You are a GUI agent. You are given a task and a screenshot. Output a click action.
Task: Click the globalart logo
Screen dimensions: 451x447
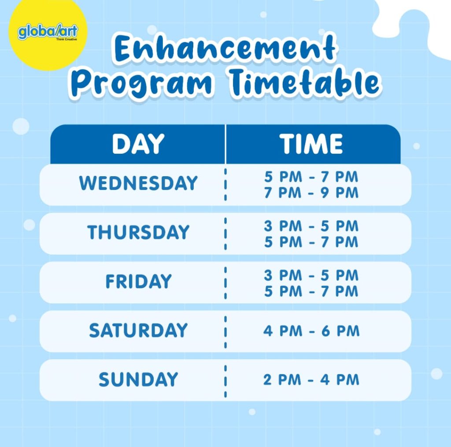click(48, 32)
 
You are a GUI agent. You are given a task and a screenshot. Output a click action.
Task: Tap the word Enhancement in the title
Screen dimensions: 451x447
click(225, 49)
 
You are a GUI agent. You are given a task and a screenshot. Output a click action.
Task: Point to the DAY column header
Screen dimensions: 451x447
click(138, 144)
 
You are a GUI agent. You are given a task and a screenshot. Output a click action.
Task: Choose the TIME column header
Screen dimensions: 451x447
click(311, 144)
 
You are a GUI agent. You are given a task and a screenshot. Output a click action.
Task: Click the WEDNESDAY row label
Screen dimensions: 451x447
click(138, 183)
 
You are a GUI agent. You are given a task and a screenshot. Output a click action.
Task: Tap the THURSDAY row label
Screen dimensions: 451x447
click(138, 232)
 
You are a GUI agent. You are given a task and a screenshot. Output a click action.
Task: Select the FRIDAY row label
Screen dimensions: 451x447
click(138, 281)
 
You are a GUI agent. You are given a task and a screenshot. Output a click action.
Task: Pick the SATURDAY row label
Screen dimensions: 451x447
click(138, 330)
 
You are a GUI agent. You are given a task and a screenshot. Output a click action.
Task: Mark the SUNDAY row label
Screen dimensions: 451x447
click(138, 379)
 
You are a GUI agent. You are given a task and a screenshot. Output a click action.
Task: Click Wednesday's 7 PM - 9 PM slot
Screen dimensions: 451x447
click(311, 193)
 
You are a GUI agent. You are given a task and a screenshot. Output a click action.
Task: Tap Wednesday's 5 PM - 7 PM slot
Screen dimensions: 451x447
click(311, 177)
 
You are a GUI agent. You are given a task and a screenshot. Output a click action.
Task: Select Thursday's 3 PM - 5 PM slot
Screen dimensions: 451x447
click(311, 226)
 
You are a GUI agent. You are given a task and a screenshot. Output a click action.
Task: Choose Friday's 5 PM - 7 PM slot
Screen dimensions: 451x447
click(311, 291)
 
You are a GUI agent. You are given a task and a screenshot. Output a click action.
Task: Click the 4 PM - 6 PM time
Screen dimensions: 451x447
click(311, 331)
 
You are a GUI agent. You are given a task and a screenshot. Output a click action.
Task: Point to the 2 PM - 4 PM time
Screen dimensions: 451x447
click(311, 380)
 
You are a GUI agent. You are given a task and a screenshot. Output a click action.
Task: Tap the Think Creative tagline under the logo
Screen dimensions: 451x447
click(67, 39)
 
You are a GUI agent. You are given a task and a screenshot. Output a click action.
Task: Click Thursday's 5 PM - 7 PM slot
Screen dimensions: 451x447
click(311, 242)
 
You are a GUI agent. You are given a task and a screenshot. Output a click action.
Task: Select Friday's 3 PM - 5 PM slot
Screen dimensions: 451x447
click(311, 275)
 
